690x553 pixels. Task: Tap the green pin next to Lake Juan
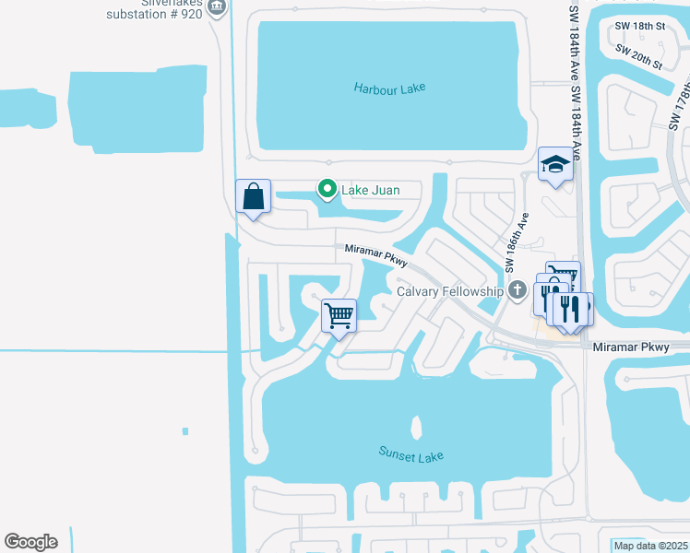click(327, 189)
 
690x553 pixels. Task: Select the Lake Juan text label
click(370, 190)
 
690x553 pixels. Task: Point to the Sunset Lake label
click(411, 454)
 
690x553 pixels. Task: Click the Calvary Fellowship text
click(451, 291)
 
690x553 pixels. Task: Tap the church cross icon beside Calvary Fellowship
click(518, 290)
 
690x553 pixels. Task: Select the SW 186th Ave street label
click(517, 243)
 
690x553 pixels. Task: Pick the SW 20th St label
click(639, 58)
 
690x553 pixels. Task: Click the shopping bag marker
click(253, 196)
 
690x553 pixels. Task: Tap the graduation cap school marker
click(555, 165)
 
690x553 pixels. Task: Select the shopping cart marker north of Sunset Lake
click(339, 315)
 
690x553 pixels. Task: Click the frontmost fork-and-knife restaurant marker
click(569, 307)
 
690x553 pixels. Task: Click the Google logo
click(30, 541)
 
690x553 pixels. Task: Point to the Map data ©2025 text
click(650, 546)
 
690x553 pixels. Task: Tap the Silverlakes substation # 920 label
click(154, 10)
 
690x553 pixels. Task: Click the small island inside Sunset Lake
click(416, 428)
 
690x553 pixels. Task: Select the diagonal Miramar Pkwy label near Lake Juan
click(376, 256)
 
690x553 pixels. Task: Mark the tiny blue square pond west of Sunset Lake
click(185, 430)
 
